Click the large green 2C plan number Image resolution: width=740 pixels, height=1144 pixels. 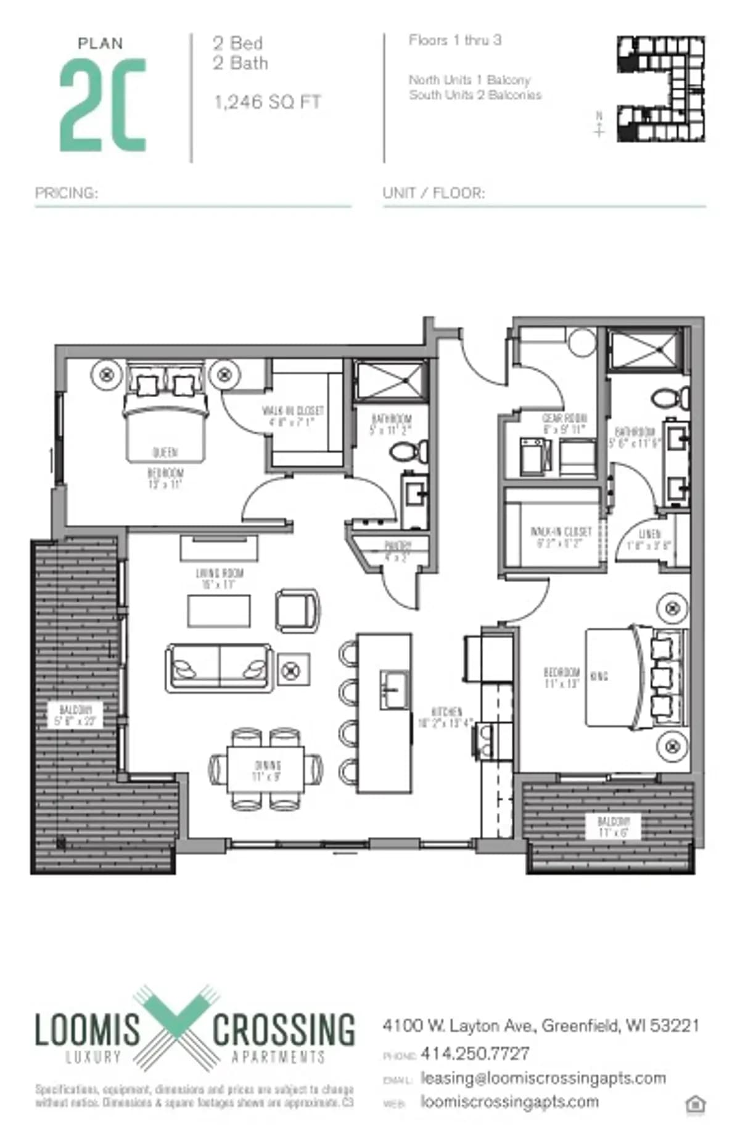(103, 105)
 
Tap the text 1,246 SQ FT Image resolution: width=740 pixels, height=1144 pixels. (268, 102)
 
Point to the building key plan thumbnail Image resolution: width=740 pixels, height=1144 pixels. (661, 89)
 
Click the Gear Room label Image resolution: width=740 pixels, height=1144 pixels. (564, 424)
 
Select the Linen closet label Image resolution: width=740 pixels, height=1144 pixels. (649, 539)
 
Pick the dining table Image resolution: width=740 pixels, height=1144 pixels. (266, 769)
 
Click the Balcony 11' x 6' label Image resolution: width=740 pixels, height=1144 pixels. (613, 826)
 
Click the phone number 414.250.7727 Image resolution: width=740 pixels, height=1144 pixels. (475, 1053)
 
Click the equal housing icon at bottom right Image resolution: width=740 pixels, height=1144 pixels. (696, 1105)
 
